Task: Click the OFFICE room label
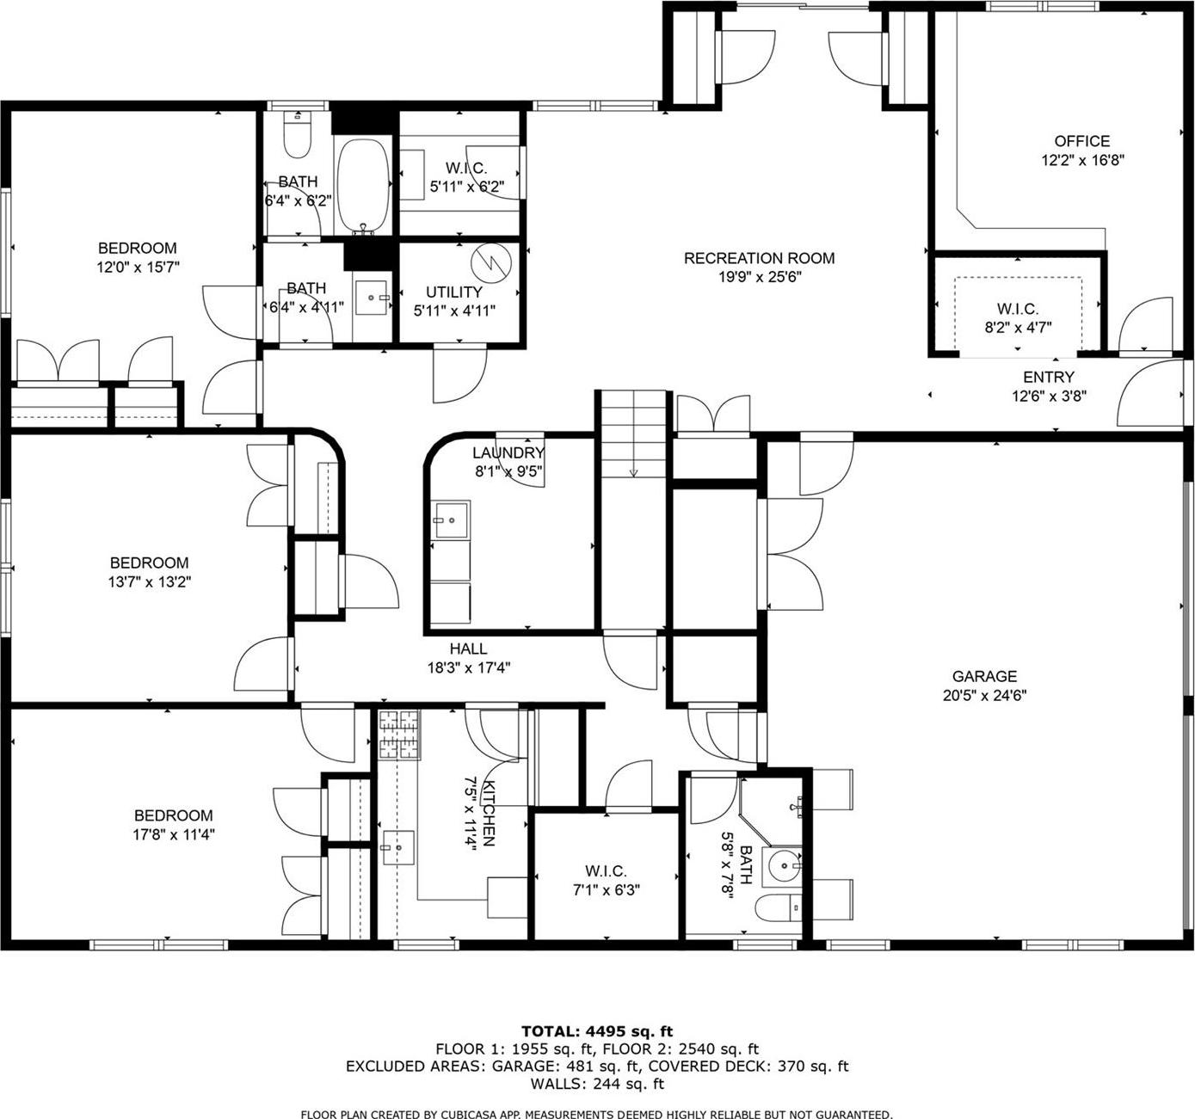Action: tap(1081, 141)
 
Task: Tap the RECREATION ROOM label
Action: tap(759, 258)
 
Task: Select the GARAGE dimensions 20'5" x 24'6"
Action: tap(984, 695)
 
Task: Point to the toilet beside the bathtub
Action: tap(298, 137)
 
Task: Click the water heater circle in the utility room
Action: tap(493, 262)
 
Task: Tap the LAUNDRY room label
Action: tap(508, 452)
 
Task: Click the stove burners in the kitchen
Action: tap(399, 735)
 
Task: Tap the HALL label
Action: tap(468, 649)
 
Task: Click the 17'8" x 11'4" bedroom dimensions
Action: tap(173, 833)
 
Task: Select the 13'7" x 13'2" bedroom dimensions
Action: tap(149, 581)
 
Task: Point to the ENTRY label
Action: tap(1048, 377)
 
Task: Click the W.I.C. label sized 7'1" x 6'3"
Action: tap(606, 871)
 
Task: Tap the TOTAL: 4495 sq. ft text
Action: tap(597, 1030)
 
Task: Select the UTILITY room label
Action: tap(453, 292)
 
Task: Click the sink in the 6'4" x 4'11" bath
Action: tap(373, 298)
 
